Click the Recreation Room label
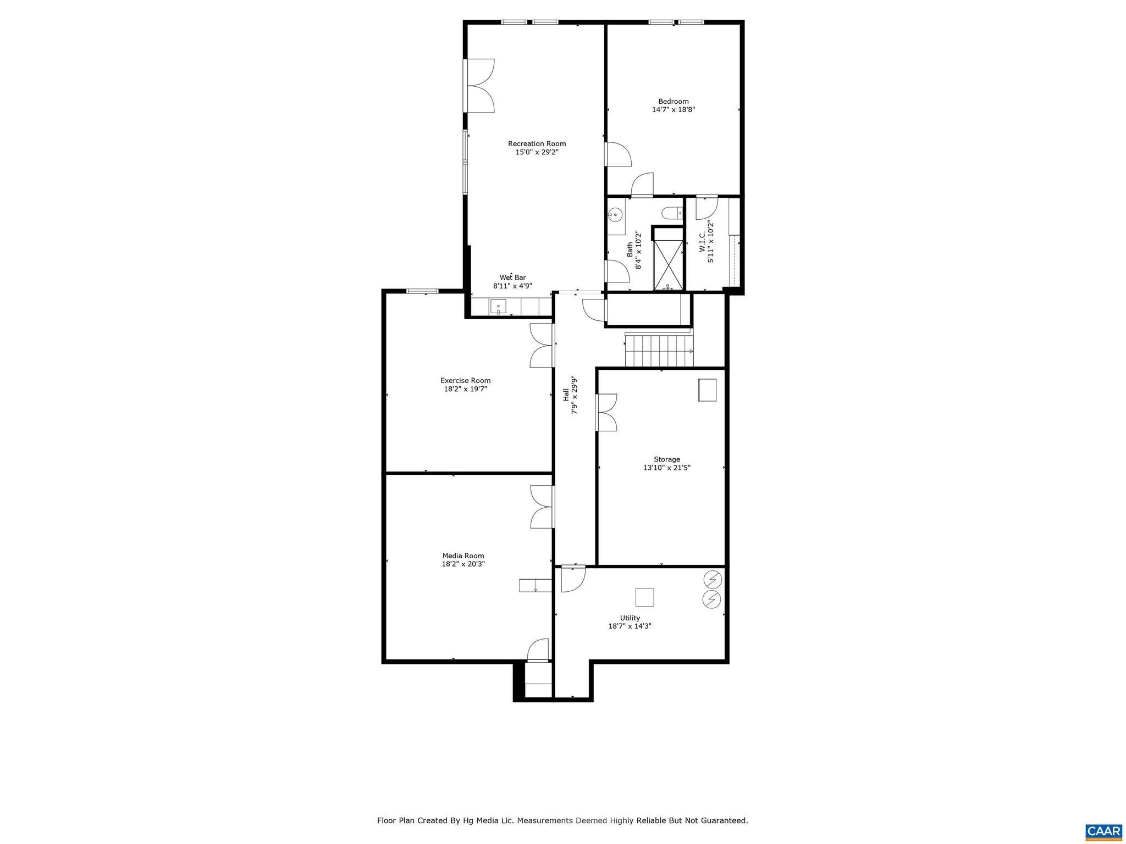pos(537,144)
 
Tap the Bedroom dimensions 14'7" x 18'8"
pos(674,110)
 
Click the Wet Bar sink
pos(498,307)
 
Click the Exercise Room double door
pos(541,346)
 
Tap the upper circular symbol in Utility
pos(713,580)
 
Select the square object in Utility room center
pos(644,597)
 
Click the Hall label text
pos(566,394)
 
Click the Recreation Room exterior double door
pos(480,86)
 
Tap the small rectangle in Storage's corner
pos(707,390)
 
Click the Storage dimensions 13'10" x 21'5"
pos(666,468)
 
